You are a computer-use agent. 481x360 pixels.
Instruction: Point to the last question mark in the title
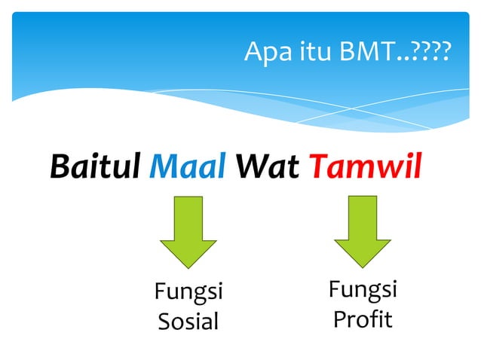point(445,53)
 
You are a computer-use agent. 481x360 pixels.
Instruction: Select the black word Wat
point(268,166)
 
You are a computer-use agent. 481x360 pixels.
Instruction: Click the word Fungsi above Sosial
point(188,291)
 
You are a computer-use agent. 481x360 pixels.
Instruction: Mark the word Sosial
point(188,322)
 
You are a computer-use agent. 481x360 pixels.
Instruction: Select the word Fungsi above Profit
point(363,290)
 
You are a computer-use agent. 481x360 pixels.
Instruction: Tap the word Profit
point(363,319)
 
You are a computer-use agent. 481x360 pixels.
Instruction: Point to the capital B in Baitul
point(60,166)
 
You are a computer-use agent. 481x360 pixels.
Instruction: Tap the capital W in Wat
point(250,166)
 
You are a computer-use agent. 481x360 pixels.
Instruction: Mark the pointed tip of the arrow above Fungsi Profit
point(363,265)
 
